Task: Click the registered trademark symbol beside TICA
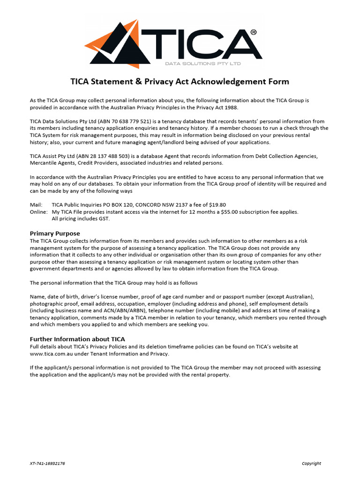coord(254,32)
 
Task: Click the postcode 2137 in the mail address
coord(173,205)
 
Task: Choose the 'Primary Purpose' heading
coord(55,233)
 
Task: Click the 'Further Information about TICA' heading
coord(77,339)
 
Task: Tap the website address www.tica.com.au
coord(51,354)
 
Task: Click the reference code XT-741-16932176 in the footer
coord(47,464)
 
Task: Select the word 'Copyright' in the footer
coord(311,464)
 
